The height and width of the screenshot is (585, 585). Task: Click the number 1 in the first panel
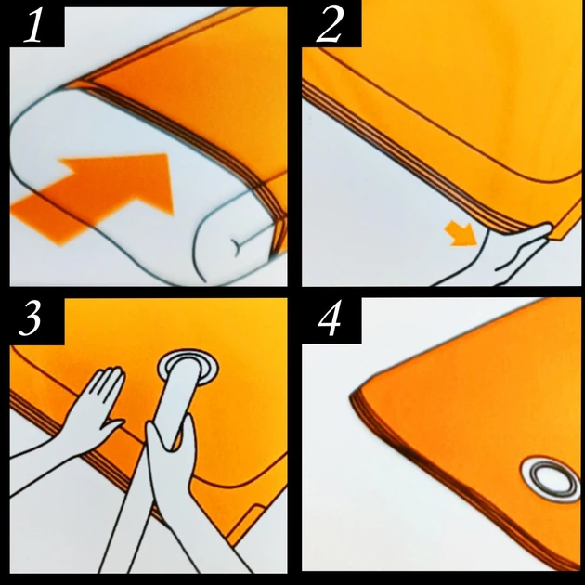point(33,25)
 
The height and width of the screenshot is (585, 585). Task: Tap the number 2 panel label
point(329,25)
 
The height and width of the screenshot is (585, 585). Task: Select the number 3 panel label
point(30,318)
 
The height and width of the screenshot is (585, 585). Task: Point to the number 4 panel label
point(330,318)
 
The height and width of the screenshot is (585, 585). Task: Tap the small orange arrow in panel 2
point(461,234)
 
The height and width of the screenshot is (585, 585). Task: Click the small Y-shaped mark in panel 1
point(238,246)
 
